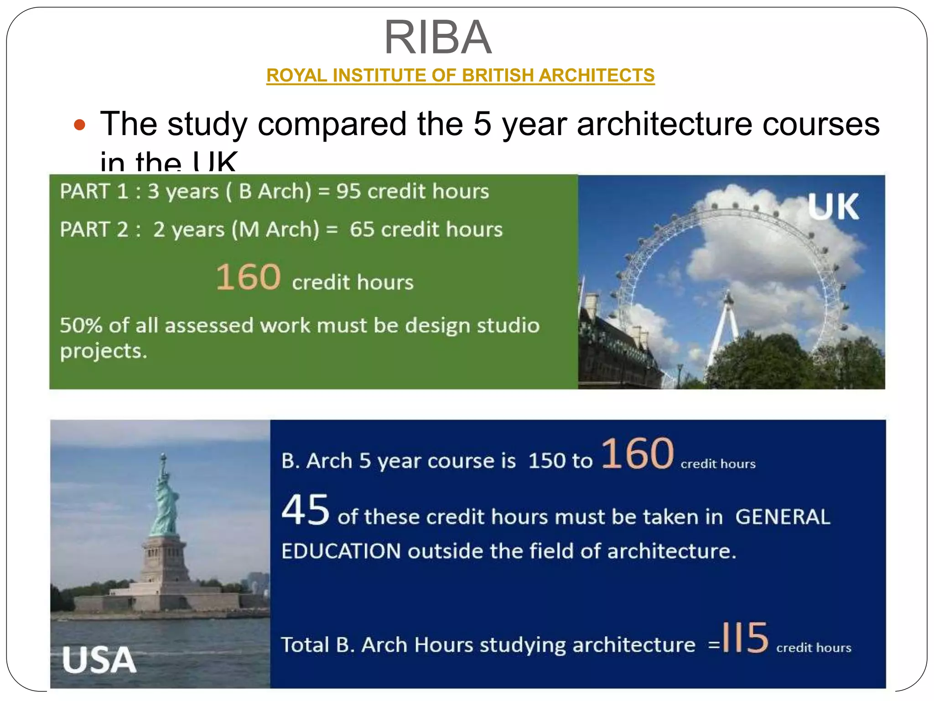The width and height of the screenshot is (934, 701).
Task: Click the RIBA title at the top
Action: pyautogui.click(x=438, y=37)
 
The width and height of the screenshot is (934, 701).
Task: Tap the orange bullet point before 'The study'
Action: pyautogui.click(x=79, y=125)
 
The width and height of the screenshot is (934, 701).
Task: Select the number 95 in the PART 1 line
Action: pyautogui.click(x=349, y=191)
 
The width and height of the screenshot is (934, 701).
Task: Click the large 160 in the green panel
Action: pyautogui.click(x=248, y=277)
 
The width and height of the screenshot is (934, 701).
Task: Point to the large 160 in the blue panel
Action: pyautogui.click(x=637, y=454)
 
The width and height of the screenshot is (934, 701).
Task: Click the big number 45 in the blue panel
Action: pyautogui.click(x=305, y=510)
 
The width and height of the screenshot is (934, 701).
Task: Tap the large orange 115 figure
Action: pyautogui.click(x=745, y=638)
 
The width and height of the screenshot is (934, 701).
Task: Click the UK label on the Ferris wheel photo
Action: pyautogui.click(x=833, y=207)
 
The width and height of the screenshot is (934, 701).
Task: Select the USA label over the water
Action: pyautogui.click(x=99, y=660)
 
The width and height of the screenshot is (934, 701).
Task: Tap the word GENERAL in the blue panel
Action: pyautogui.click(x=783, y=517)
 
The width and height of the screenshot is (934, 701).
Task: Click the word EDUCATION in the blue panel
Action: pyautogui.click(x=341, y=551)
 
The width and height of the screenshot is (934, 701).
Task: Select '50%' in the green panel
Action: pyautogui.click(x=81, y=326)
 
